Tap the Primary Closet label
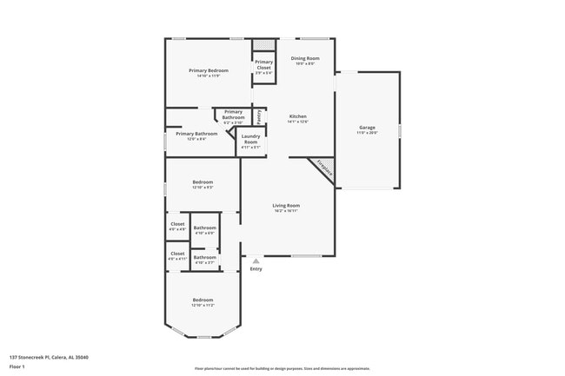[x=263, y=64]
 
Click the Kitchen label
[x=298, y=116]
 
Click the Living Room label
[x=286, y=205]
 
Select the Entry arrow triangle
[x=256, y=260]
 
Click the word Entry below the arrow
[x=256, y=268]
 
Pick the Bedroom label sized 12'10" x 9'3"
[x=203, y=182]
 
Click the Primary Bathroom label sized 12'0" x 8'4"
[x=196, y=134]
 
